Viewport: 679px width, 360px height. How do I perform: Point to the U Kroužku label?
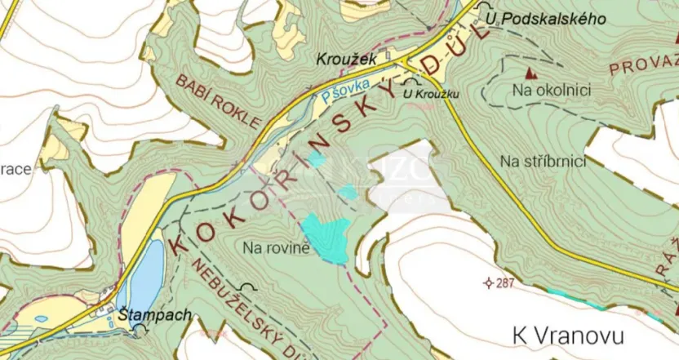point(432,94)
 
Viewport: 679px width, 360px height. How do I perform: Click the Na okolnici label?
point(552,91)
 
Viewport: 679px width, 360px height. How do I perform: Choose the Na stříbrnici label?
point(544,161)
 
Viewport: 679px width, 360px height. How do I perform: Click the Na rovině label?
point(277,247)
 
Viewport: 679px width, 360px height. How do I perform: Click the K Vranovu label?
point(568,335)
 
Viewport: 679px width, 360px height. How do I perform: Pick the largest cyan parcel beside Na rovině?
point(326,238)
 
